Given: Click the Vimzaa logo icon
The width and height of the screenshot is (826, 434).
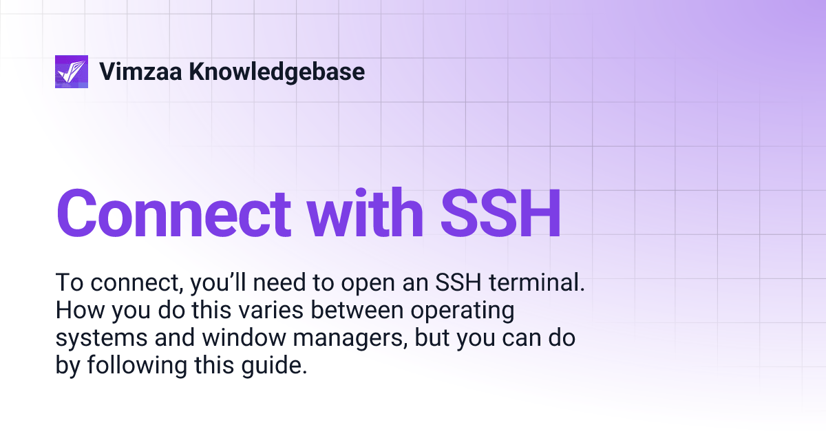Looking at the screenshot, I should click(72, 72).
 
